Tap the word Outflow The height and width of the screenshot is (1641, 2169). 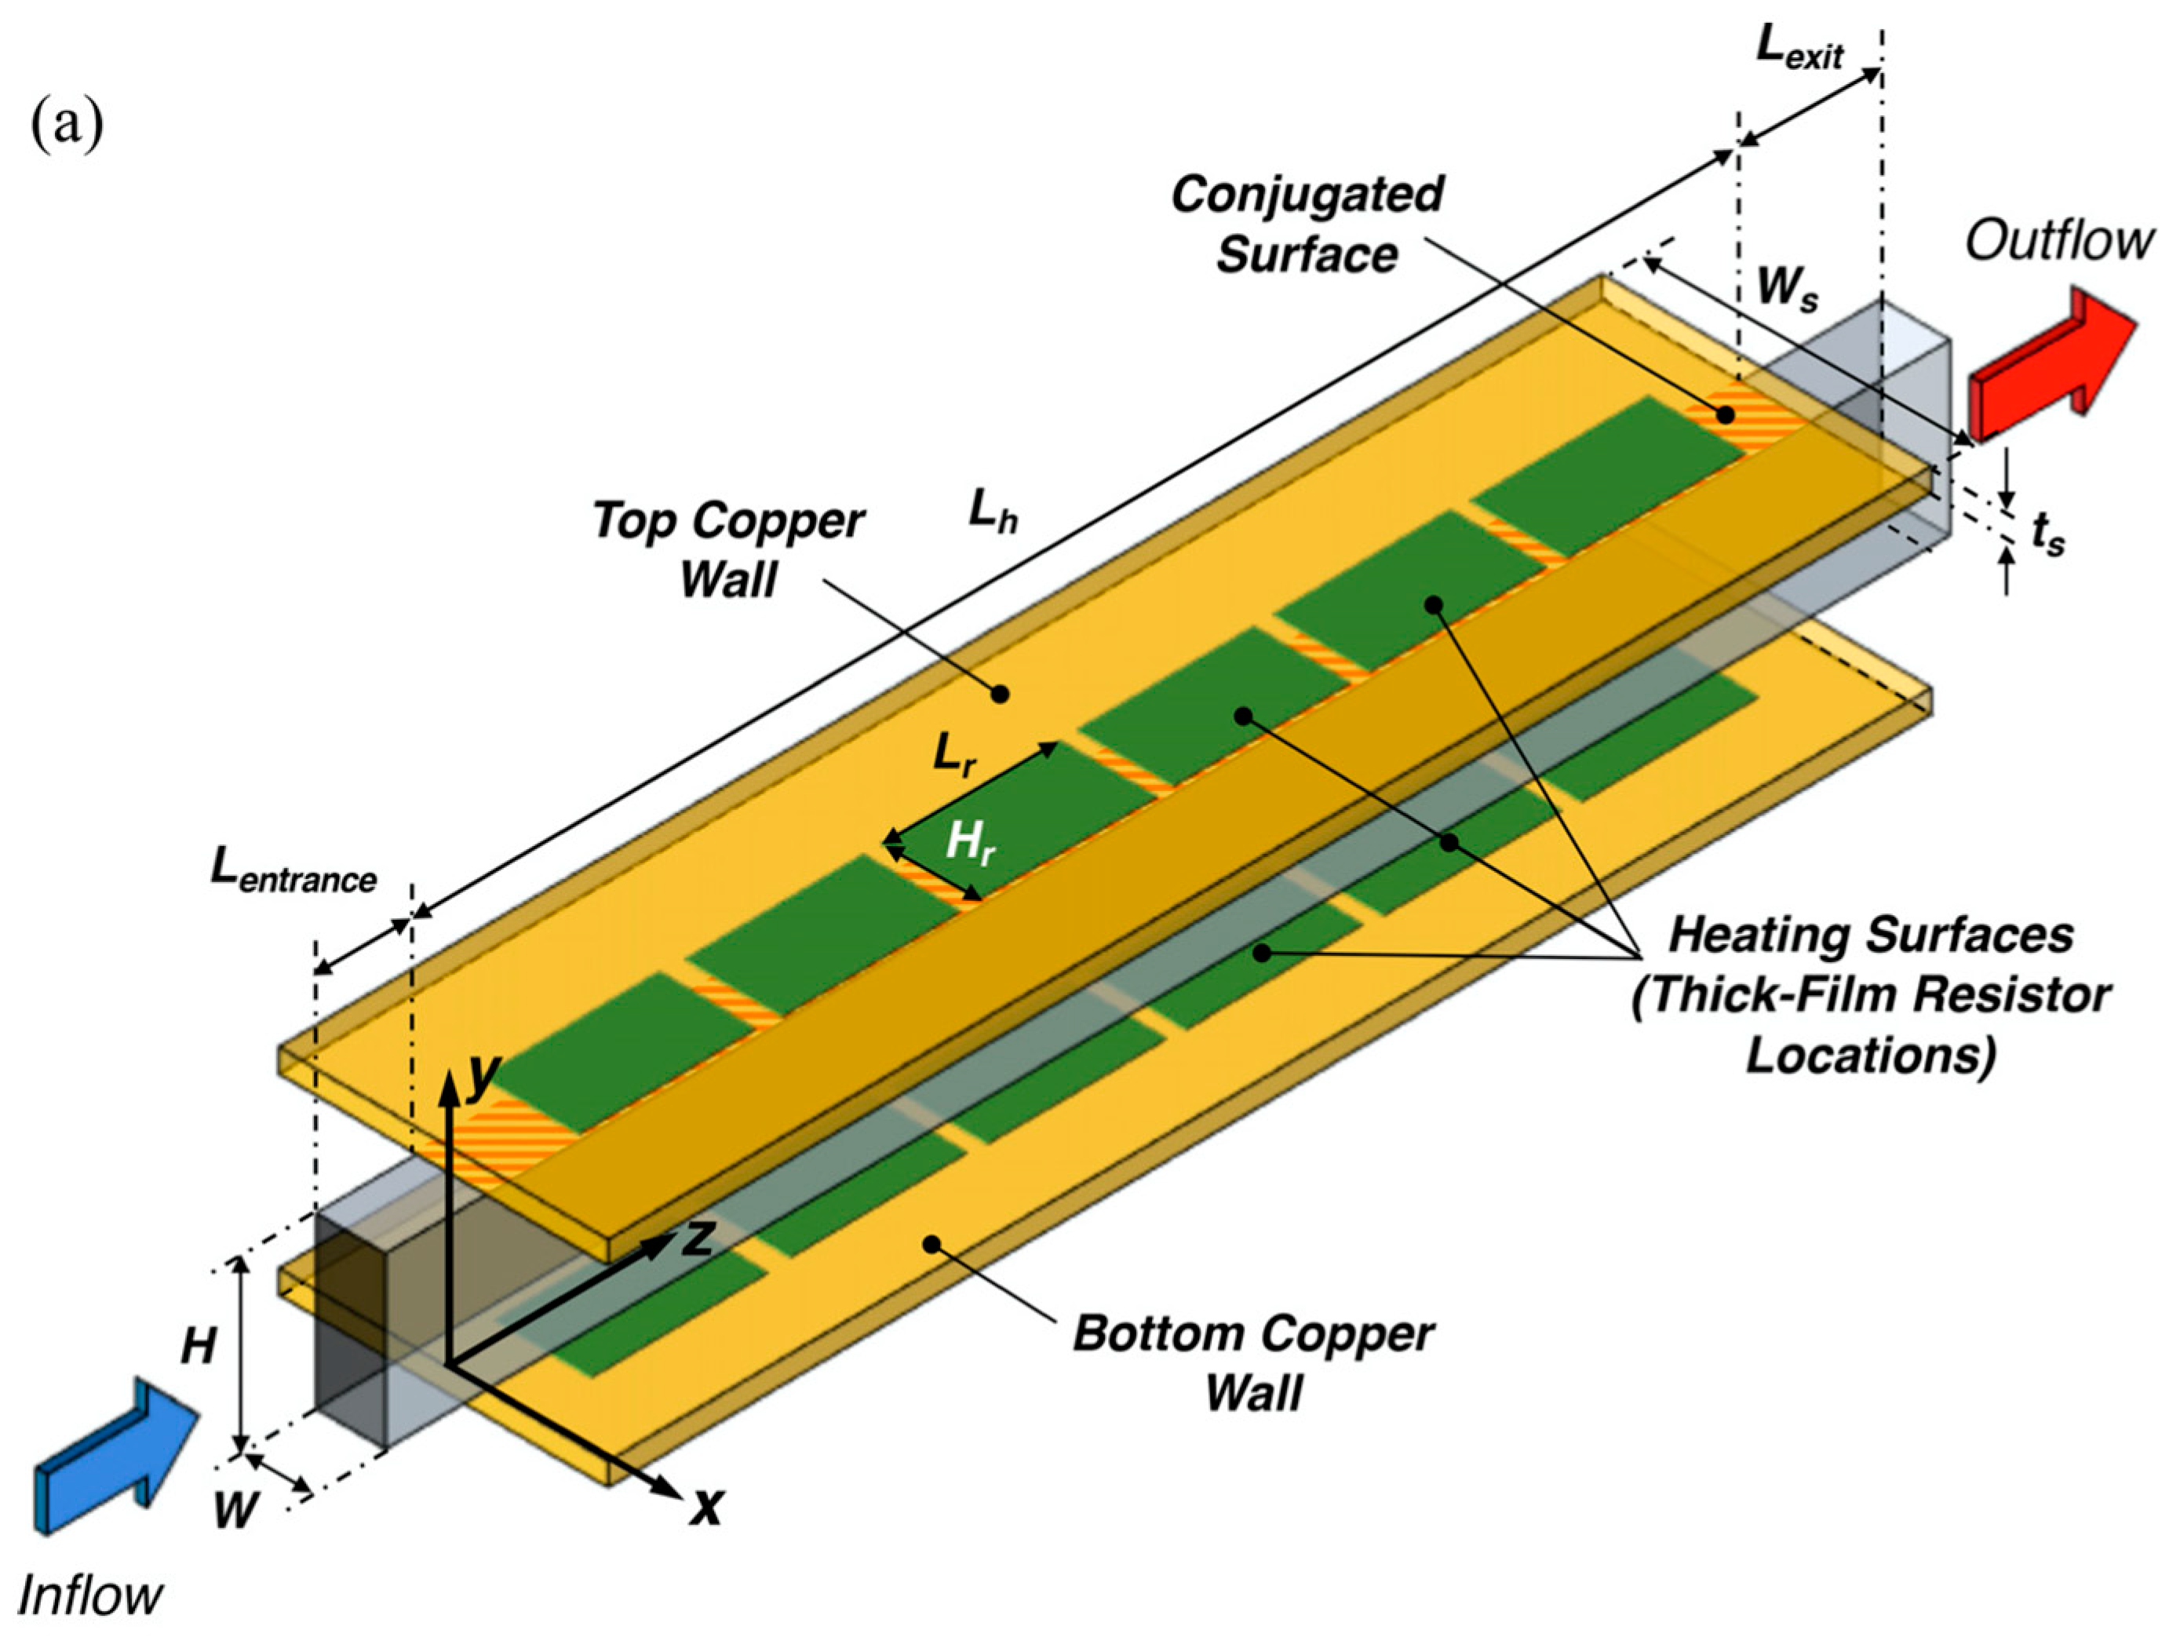click(2059, 241)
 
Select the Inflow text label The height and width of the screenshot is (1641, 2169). click(90, 1594)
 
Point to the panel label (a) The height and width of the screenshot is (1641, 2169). click(67, 126)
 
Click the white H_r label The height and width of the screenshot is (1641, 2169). click(969, 843)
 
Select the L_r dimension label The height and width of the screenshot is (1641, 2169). click(953, 755)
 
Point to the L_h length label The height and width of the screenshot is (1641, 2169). click(993, 514)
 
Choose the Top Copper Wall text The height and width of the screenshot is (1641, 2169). click(727, 549)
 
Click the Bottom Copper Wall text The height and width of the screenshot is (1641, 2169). click(1253, 1363)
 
